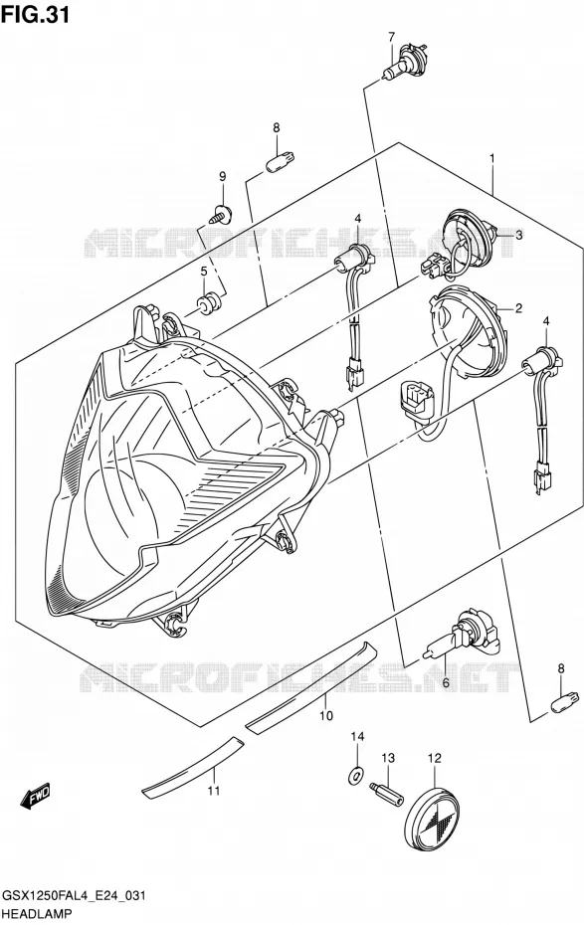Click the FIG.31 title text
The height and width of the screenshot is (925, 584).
tap(36, 14)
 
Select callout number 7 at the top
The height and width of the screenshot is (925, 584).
tap(391, 37)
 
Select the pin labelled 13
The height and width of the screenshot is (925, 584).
tap(386, 796)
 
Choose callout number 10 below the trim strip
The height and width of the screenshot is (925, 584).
tap(325, 715)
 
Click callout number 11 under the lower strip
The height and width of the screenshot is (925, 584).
tap(213, 790)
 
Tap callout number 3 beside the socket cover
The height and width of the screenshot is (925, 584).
tap(518, 235)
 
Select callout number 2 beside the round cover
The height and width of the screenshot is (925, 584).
tap(518, 307)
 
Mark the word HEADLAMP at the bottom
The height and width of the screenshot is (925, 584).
tap(37, 913)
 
